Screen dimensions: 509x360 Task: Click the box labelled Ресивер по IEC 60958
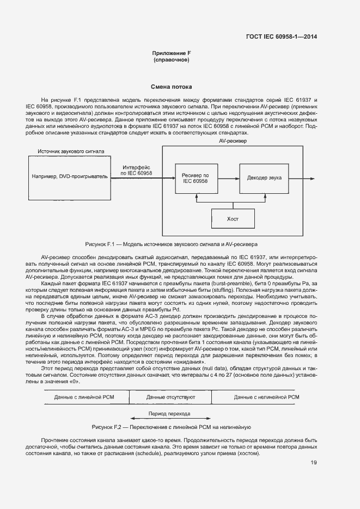click(x=195, y=178)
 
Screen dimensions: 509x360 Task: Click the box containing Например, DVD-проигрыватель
click(x=69, y=176)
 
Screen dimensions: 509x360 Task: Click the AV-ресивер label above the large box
click(x=233, y=141)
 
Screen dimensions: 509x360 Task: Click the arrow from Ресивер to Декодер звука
click(x=228, y=178)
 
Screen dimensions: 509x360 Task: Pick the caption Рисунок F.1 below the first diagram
click(x=171, y=244)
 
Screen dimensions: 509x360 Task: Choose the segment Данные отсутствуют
click(x=170, y=398)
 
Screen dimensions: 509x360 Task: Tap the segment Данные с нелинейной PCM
click(x=266, y=398)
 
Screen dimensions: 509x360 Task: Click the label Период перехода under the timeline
click(x=170, y=414)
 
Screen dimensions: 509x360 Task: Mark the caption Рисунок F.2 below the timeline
click(x=171, y=427)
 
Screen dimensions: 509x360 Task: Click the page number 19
click(x=314, y=463)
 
